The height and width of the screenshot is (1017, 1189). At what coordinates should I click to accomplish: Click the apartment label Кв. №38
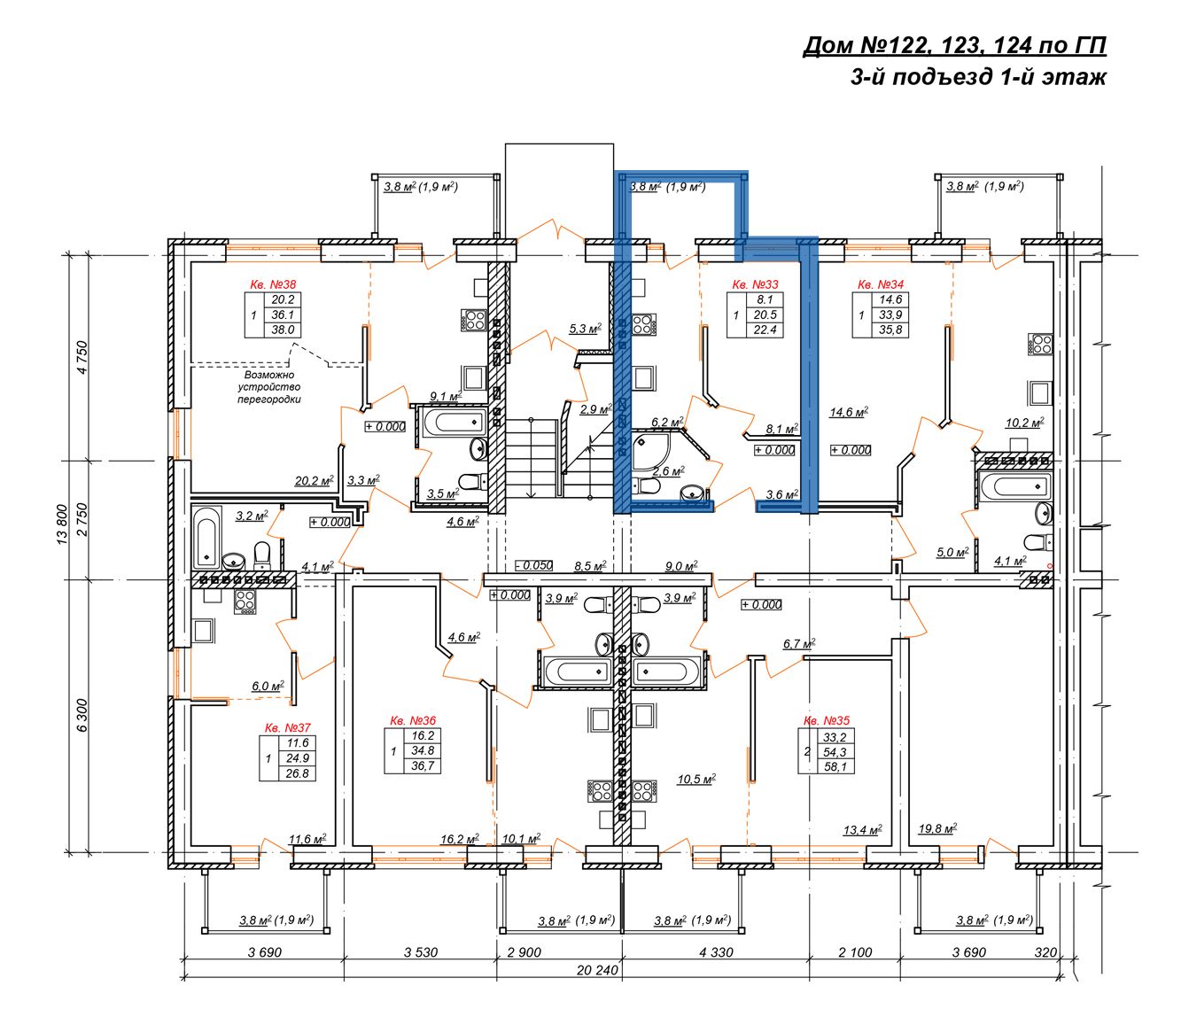click(x=273, y=284)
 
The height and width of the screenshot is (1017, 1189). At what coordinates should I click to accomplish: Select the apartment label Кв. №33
click(x=755, y=284)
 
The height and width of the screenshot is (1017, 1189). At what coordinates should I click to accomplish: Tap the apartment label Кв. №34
click(x=880, y=284)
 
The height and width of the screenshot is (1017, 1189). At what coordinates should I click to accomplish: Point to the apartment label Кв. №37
click(x=288, y=727)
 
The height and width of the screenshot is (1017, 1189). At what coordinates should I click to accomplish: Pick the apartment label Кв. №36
click(x=413, y=720)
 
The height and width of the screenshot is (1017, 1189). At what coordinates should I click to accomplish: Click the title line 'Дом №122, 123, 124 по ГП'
click(x=954, y=45)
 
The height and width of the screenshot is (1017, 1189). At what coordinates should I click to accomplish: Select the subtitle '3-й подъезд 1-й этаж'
click(x=978, y=76)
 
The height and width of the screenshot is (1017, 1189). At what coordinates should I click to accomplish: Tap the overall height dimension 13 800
click(x=62, y=524)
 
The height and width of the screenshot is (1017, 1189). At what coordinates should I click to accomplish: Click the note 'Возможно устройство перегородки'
click(x=269, y=387)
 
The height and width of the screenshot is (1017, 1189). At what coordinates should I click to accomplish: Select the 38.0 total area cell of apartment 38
click(x=283, y=330)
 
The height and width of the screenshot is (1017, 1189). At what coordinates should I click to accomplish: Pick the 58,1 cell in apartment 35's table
click(x=835, y=767)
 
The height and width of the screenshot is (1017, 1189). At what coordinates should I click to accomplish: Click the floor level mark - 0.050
click(x=534, y=565)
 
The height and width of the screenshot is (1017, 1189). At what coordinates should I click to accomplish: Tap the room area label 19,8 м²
click(x=937, y=828)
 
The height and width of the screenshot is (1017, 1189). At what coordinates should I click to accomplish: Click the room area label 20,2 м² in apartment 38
click(x=314, y=480)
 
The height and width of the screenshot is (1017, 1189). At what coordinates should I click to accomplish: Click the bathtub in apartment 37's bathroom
click(x=206, y=537)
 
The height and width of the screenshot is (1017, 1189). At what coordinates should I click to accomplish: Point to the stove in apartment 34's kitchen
click(x=1040, y=345)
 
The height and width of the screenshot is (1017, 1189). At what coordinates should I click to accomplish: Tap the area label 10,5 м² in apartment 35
click(x=696, y=780)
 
